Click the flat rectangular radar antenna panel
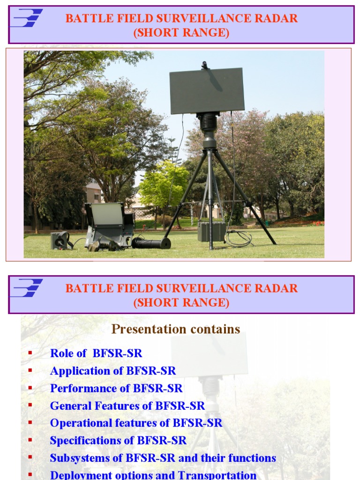[x=207, y=90]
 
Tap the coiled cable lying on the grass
[x=239, y=239]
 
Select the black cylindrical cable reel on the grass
[x=151, y=243]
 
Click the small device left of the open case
[x=60, y=240]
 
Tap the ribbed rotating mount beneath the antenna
[x=208, y=122]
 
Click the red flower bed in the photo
[x=311, y=223]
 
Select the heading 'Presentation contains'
[x=176, y=329]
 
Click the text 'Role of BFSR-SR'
[x=96, y=353]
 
